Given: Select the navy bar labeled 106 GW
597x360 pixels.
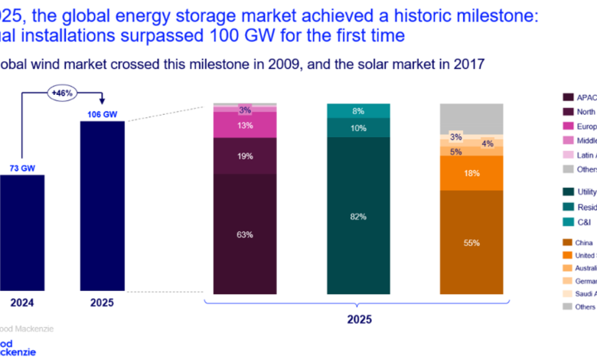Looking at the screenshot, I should pos(103,207).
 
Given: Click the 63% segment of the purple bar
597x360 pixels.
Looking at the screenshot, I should pos(244,234).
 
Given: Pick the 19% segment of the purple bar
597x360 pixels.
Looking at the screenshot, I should pos(244,155).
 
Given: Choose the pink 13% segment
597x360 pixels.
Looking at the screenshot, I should pos(244,126).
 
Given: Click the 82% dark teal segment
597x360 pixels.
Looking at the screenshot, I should pos(358,217).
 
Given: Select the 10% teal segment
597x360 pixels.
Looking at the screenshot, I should pos(358,128).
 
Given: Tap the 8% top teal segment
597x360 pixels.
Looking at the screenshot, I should pos(358,110).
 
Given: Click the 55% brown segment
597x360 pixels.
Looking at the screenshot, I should pos(471,242).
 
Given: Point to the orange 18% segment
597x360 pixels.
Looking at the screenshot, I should pos(471,173).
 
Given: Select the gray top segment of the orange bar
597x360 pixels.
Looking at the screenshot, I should pos(471,118).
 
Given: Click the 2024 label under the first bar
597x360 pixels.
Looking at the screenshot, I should pos(21,303).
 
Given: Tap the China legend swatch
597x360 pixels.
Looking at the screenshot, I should pos(568,242).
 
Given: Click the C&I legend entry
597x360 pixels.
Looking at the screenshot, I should pos(583,221).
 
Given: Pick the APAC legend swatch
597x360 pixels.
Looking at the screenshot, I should pos(568,97).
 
